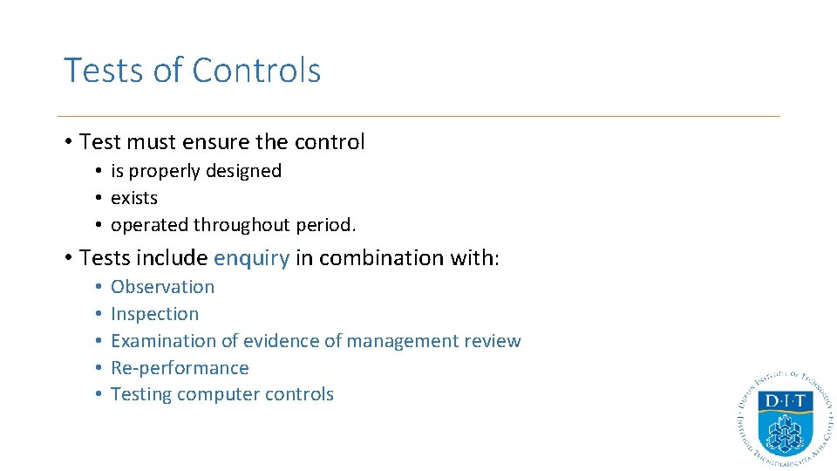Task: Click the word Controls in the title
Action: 256,71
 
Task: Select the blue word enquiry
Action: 251,258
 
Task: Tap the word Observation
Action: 162,287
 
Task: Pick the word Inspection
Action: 154,314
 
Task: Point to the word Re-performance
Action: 180,368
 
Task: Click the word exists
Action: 134,198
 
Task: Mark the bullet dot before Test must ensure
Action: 68,142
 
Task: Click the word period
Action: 326,225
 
